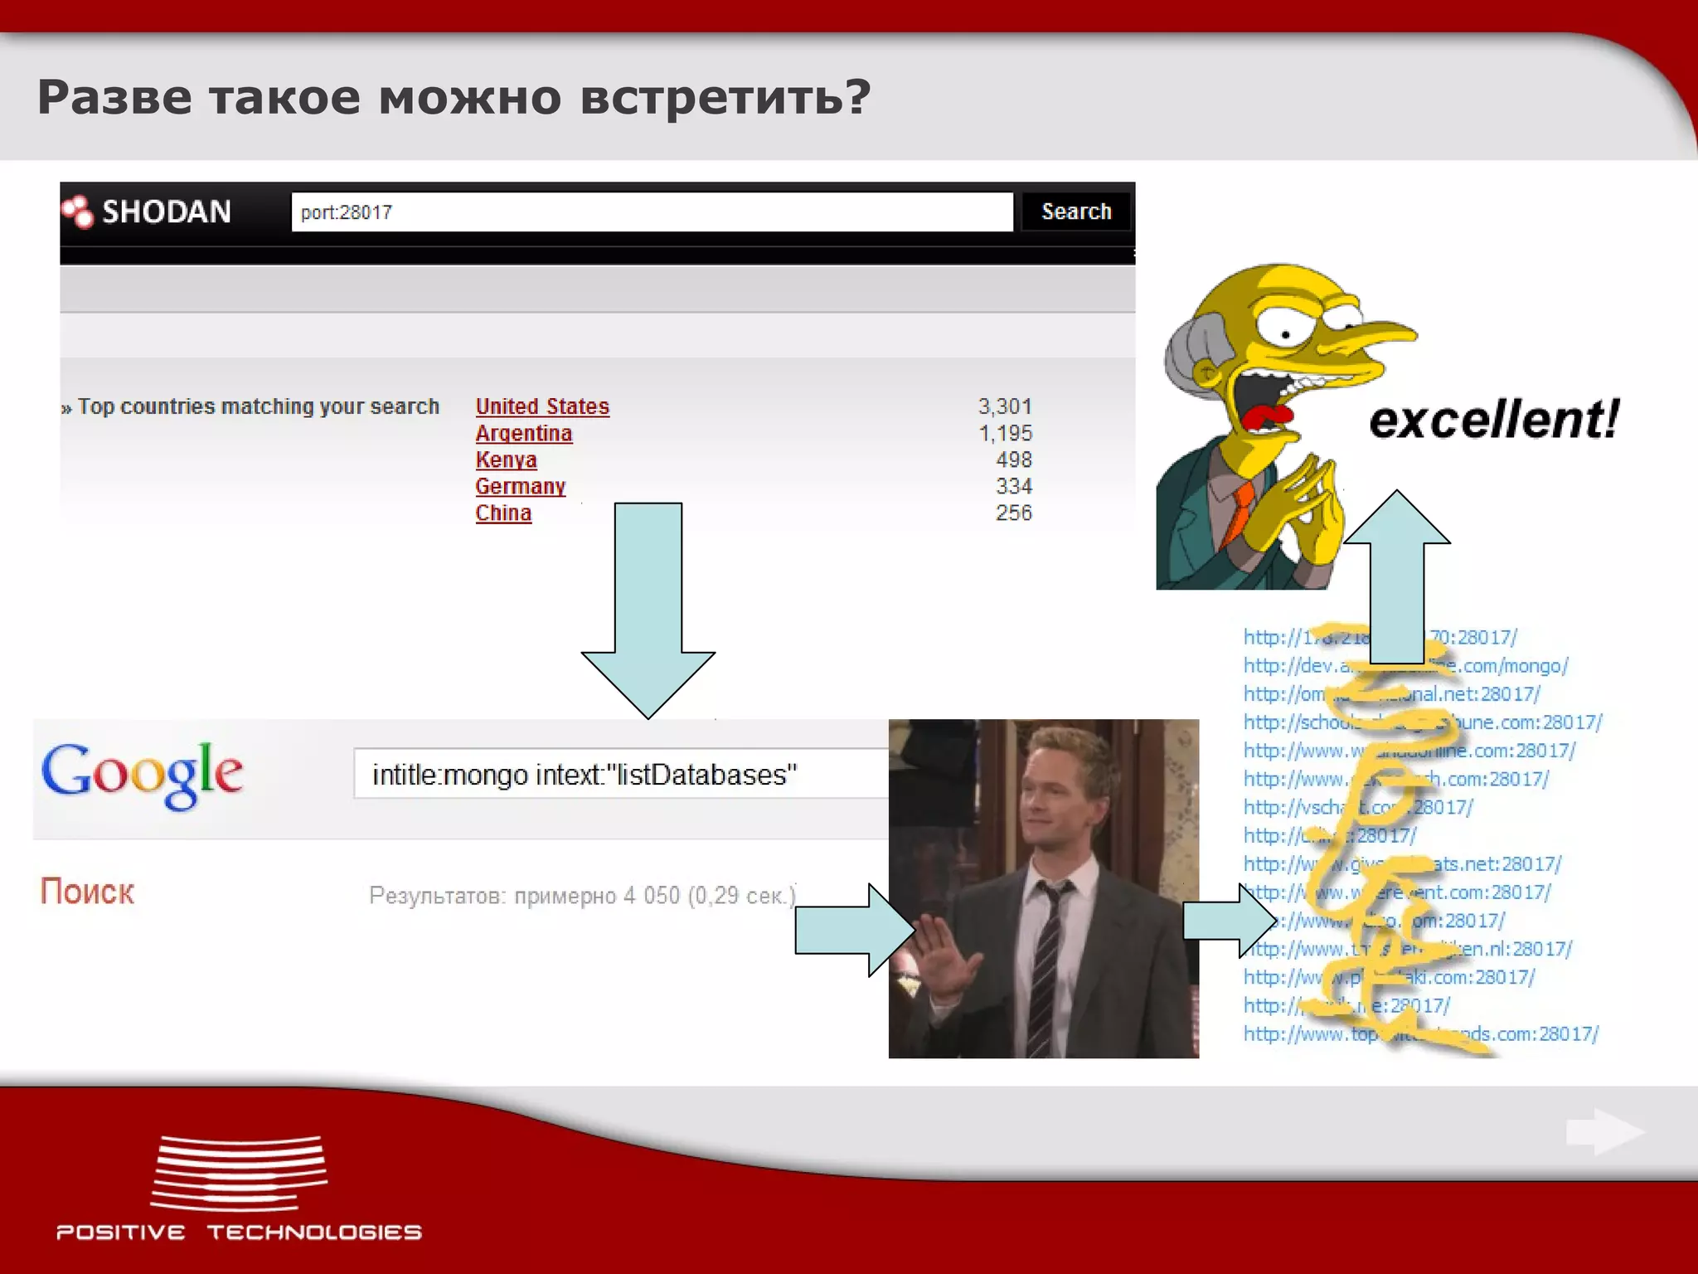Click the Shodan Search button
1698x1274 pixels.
[x=1075, y=212]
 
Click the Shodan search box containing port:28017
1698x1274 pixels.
[x=652, y=212]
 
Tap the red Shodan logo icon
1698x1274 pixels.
[x=78, y=212]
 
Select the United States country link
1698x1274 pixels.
[x=542, y=406]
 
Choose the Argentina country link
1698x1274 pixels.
[x=524, y=433]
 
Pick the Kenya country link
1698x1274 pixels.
[x=506, y=460]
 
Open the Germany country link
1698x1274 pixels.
[x=521, y=486]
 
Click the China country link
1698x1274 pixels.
[x=503, y=513]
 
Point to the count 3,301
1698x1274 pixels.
[x=1005, y=406]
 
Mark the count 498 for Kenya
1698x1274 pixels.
[x=1014, y=460]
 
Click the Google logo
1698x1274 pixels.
[x=142, y=774]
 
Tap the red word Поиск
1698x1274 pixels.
[x=87, y=892]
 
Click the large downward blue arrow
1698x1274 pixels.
[x=648, y=605]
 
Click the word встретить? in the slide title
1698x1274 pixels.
[x=725, y=98]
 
